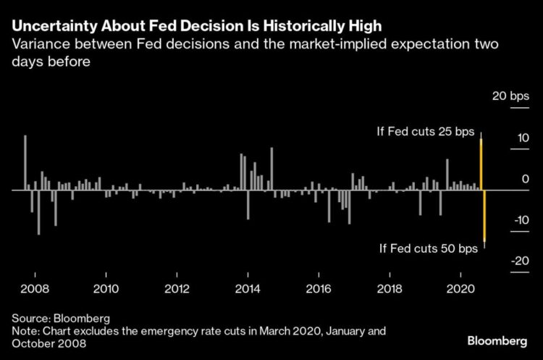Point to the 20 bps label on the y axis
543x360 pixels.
(x=511, y=96)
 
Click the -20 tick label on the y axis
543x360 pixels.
(x=519, y=261)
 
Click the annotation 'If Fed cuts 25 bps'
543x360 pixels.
(x=425, y=131)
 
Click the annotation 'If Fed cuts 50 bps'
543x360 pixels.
(x=429, y=248)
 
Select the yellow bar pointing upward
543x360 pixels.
(x=481, y=163)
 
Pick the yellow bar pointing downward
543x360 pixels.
(x=484, y=217)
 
